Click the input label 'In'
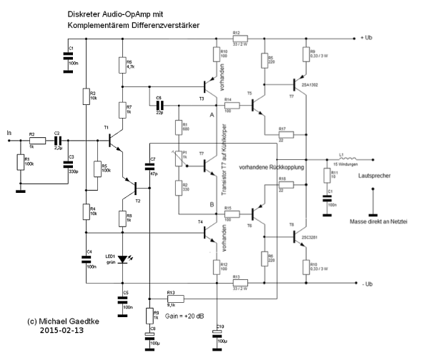click(9, 133)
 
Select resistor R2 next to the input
click(31, 141)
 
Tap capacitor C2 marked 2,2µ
click(56, 141)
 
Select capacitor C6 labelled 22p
click(158, 105)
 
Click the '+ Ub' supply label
click(368, 37)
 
